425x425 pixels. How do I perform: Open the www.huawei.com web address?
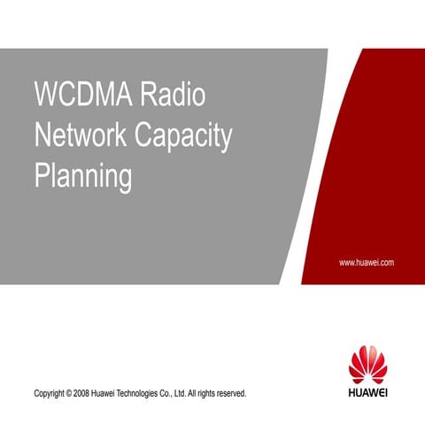click(x=367, y=263)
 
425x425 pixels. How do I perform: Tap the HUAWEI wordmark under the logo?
click(x=368, y=390)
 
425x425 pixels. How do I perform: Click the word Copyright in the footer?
click(x=50, y=392)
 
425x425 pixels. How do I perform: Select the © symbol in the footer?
click(x=73, y=392)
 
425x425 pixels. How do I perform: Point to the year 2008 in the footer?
click(x=87, y=392)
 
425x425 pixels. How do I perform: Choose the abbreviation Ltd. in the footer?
click(x=189, y=392)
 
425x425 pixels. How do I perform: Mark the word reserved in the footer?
click(x=237, y=392)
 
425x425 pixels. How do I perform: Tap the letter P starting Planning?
click(x=39, y=176)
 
